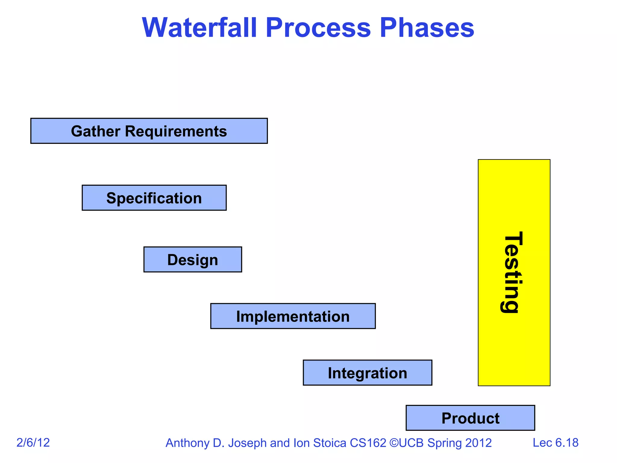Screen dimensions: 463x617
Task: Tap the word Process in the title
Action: coord(318,28)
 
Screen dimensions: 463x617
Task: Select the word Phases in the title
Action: coord(427,28)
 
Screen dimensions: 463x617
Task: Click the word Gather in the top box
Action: coord(96,131)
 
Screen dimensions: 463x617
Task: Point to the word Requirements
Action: coord(176,131)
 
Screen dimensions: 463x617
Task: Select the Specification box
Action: coord(154,198)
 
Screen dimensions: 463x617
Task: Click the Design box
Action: coord(193,260)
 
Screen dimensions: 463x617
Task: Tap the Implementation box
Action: coord(293,316)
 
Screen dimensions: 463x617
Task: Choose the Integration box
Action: coord(367,373)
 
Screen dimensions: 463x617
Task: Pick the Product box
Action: coord(470,418)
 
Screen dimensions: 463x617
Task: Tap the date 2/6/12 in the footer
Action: coord(33,443)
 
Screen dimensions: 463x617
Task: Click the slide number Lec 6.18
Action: coord(555,443)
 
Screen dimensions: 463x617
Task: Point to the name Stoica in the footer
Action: coord(330,443)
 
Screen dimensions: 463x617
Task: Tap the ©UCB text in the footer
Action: coord(407,443)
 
